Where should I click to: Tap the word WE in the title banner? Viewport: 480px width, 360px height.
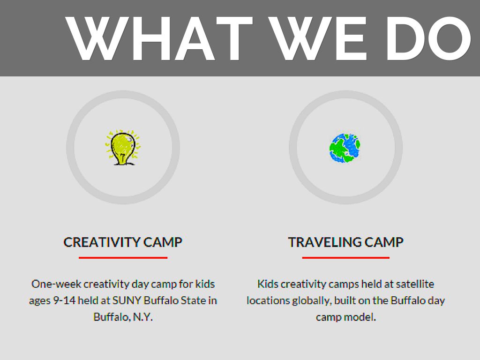(x=318, y=38)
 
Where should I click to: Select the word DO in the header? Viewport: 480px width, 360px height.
(x=428, y=38)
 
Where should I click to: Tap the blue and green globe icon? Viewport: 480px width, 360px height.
(x=345, y=148)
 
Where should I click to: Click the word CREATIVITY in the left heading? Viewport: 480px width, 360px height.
(x=101, y=242)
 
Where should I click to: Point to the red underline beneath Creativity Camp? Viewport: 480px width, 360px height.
(x=123, y=258)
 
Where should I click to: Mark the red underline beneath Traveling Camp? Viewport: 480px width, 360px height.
(x=345, y=258)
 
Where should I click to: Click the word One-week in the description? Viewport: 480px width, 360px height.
(x=56, y=284)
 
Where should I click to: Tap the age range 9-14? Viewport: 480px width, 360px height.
(x=64, y=300)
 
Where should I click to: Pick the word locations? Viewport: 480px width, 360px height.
(x=268, y=300)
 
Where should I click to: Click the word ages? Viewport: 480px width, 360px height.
(x=39, y=301)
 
